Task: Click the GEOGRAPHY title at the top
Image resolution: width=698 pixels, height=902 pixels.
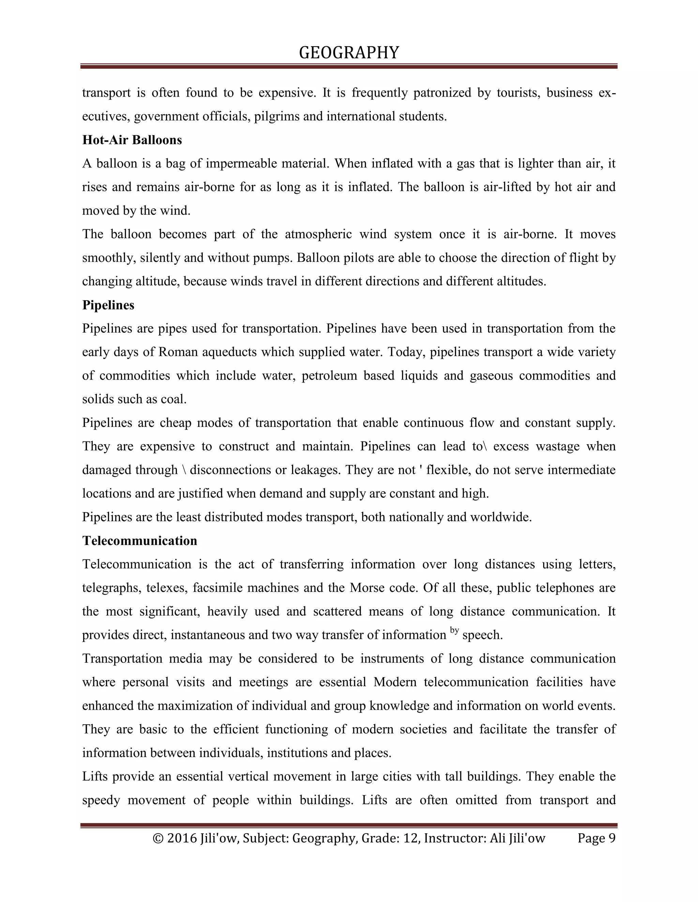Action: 349,53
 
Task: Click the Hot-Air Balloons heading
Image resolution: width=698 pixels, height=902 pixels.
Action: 132,140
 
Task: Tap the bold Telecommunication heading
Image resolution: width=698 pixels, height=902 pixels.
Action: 139,541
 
